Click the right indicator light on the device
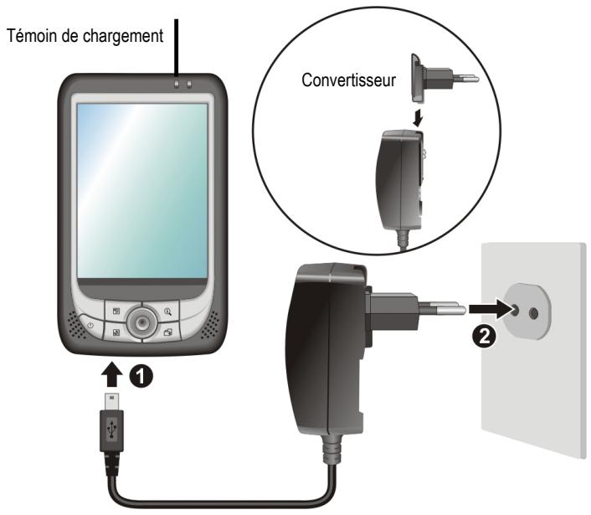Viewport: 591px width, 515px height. click(189, 84)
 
